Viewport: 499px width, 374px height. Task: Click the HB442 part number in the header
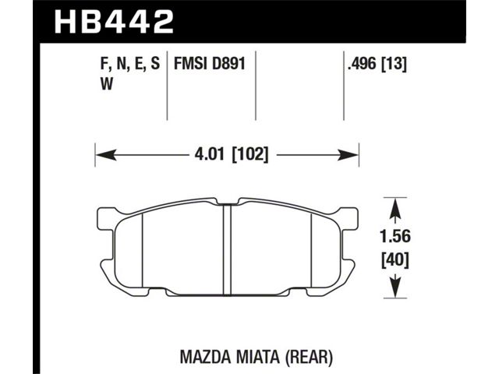click(115, 21)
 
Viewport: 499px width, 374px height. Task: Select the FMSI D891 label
click(210, 64)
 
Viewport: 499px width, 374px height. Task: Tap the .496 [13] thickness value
click(377, 65)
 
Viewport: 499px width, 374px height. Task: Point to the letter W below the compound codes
click(107, 84)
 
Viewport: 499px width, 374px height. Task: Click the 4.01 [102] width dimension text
click(232, 155)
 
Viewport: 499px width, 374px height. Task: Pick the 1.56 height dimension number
click(395, 237)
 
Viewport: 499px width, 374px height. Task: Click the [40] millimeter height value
click(395, 261)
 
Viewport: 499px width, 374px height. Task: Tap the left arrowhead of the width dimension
click(106, 156)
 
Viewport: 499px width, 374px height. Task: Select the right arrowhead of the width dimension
click(349, 156)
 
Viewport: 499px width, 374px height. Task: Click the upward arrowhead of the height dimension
click(395, 208)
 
